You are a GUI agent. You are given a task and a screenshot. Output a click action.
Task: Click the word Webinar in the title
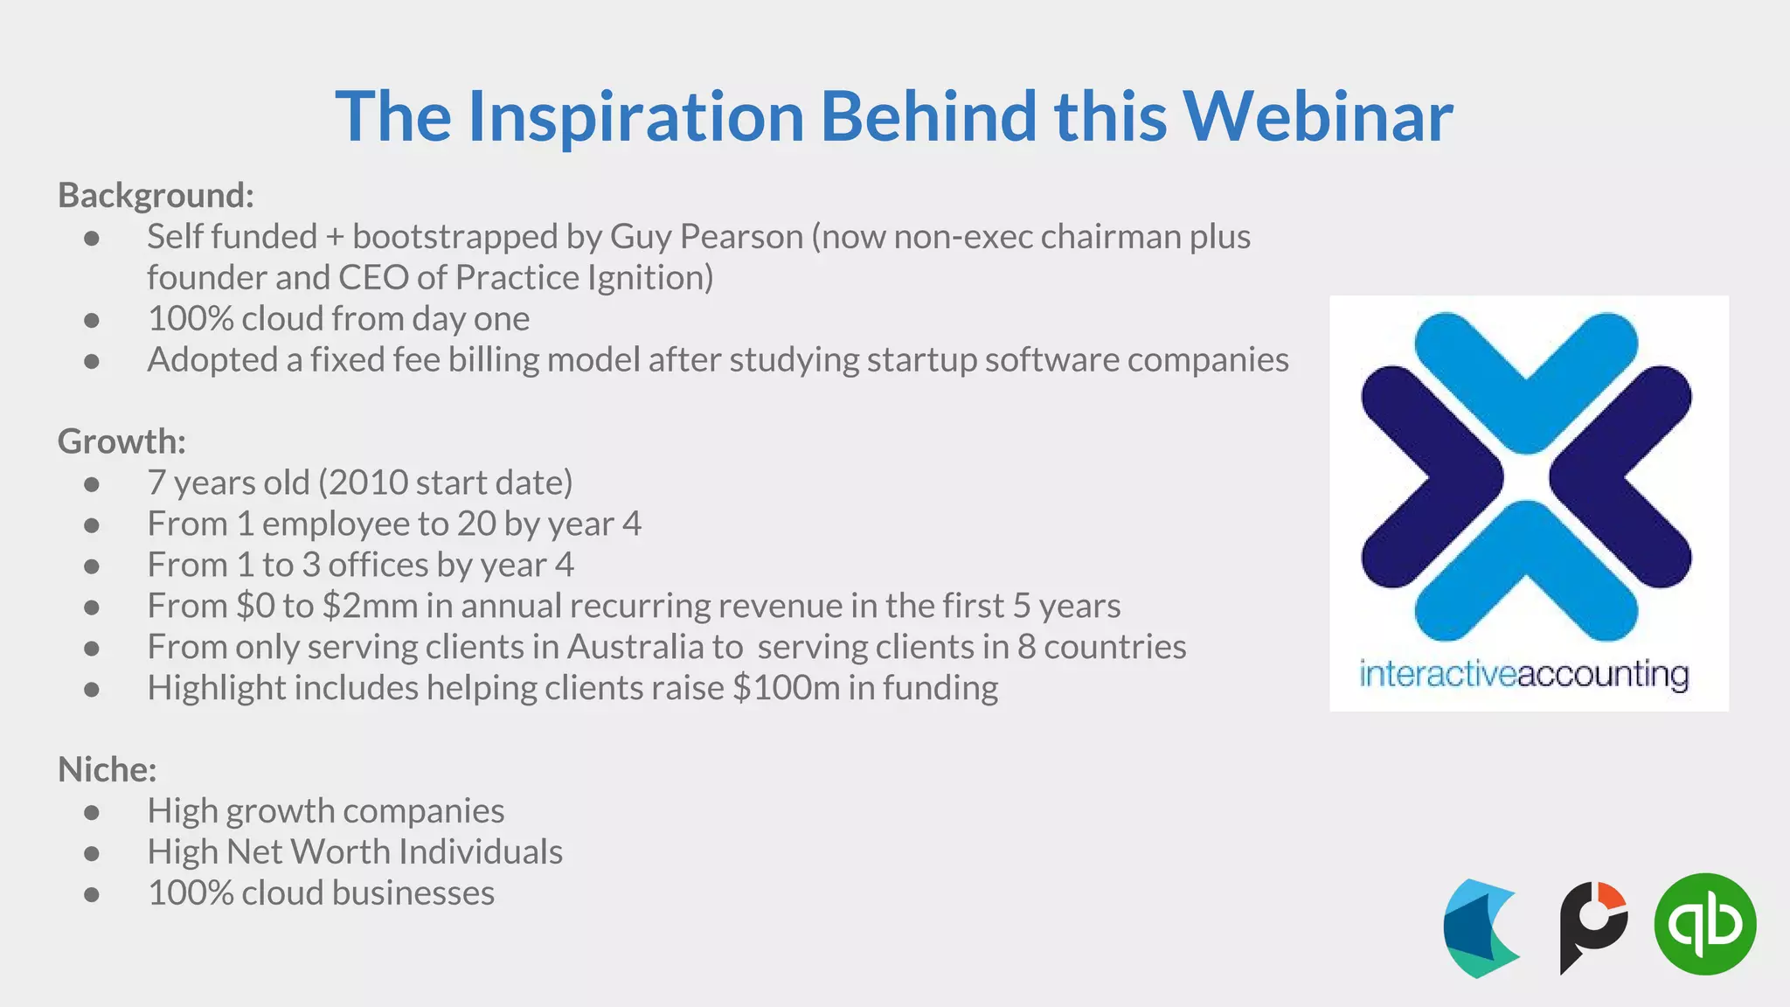click(x=1317, y=116)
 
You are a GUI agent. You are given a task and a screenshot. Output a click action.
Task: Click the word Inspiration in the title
click(x=635, y=116)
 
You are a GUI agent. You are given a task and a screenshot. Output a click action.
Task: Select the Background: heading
click(x=156, y=195)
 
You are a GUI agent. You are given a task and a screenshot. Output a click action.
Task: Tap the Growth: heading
click(x=121, y=441)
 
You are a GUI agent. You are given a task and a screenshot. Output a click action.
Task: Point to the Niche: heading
click(x=107, y=769)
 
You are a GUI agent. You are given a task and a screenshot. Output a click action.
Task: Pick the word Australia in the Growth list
click(x=635, y=647)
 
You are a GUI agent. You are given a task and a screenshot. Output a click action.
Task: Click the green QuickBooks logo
click(x=1704, y=924)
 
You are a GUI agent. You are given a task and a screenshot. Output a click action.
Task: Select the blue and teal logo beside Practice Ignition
click(x=1480, y=928)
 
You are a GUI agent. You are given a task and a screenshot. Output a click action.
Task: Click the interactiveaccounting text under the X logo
click(x=1523, y=675)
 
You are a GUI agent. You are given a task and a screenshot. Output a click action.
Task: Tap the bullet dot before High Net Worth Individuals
click(x=92, y=853)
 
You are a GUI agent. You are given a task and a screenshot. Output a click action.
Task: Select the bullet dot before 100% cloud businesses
click(x=92, y=894)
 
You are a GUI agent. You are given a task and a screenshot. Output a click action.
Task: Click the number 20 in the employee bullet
click(x=476, y=524)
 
